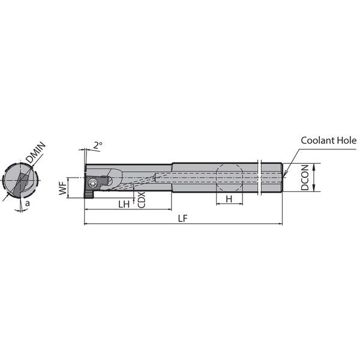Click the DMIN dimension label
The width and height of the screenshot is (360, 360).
[x=35, y=152]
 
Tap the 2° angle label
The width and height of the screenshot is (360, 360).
[x=98, y=145]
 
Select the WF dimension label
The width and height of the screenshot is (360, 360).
[x=62, y=187]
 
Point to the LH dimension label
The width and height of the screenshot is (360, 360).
[x=124, y=204]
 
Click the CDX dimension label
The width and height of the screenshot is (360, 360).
[x=142, y=200]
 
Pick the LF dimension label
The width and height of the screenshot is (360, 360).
[x=183, y=218]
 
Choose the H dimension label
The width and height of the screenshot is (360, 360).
[x=229, y=199]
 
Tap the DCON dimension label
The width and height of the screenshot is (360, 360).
[x=305, y=178]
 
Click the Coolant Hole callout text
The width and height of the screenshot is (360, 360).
[x=329, y=140]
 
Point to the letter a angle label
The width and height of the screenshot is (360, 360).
[x=28, y=203]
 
